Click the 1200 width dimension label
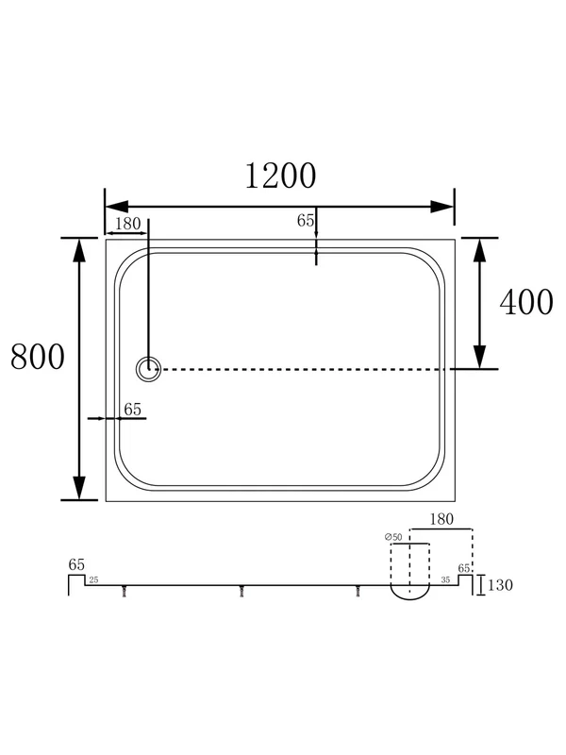[x=280, y=176]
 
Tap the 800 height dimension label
[x=38, y=357]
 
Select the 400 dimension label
[x=526, y=302]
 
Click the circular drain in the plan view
[x=148, y=369]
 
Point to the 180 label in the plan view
[x=127, y=224]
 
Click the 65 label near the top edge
[x=306, y=221]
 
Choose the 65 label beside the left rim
[x=132, y=410]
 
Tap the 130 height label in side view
[x=500, y=585]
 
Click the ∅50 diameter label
[x=393, y=537]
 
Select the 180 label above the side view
[x=441, y=519]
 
